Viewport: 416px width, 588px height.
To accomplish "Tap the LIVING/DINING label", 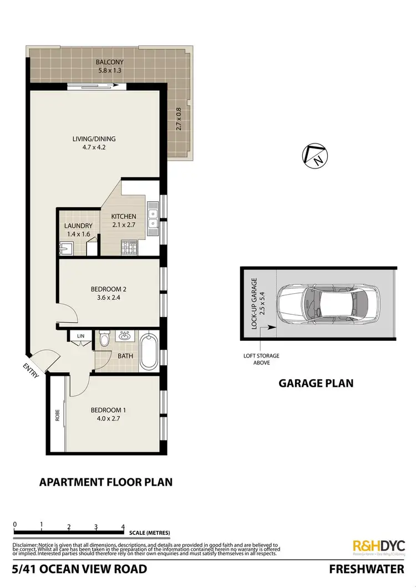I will pos(97,139).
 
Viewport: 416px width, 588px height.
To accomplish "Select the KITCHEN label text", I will pos(123,216).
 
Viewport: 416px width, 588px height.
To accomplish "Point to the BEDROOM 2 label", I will pos(109,289).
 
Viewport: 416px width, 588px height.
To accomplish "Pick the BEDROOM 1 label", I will pos(109,410).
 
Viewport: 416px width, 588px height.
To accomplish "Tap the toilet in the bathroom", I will pos(104,339).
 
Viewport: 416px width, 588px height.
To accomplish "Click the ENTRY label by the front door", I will pos(31,370).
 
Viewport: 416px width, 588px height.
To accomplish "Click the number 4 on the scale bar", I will pos(123,526).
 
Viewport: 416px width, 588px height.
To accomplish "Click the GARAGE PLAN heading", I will pos(316,383).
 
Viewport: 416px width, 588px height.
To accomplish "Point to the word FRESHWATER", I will pos(367,569).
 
